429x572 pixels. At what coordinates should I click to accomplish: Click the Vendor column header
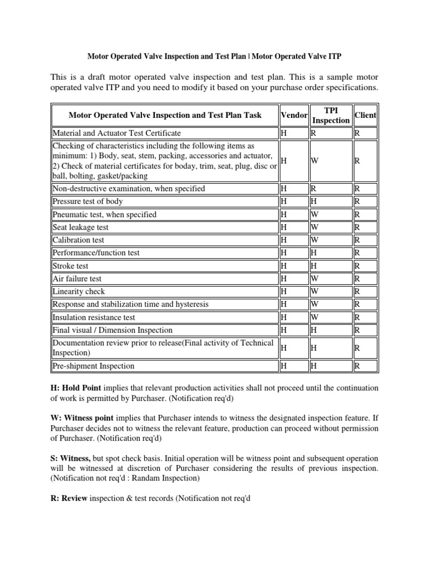294,115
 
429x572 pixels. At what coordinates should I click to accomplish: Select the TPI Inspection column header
331,115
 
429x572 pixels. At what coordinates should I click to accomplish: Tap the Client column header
365,115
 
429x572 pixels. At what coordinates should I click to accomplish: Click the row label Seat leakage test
80,227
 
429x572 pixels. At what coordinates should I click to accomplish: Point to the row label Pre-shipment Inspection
93,366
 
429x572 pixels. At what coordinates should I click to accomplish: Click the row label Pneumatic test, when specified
104,214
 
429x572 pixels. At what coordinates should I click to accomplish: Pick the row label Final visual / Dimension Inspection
112,330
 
